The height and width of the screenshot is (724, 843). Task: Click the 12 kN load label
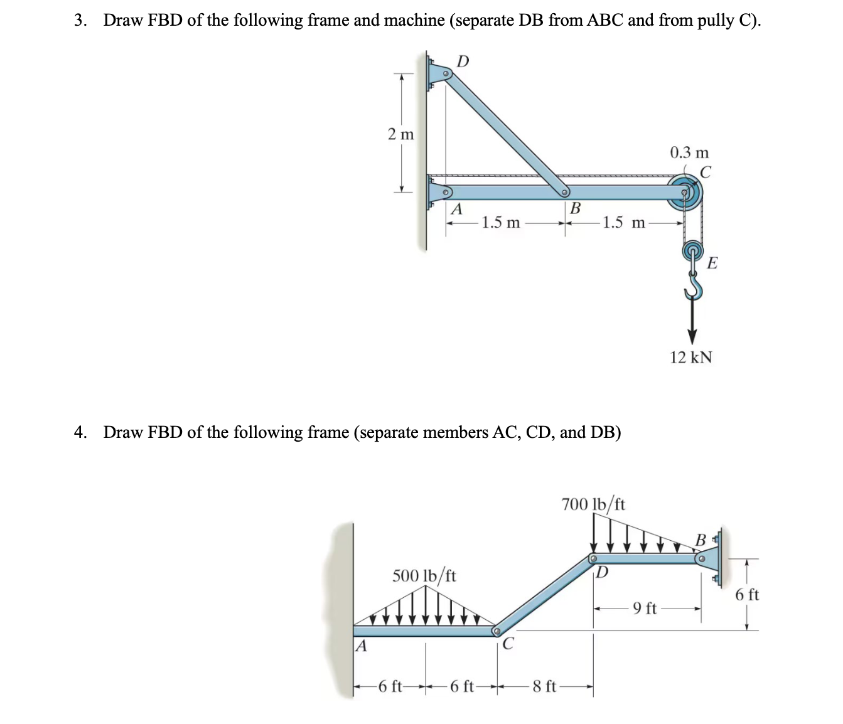tap(690, 358)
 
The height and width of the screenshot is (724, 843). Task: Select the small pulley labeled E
tap(692, 252)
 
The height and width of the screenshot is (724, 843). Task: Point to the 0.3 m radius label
tap(689, 152)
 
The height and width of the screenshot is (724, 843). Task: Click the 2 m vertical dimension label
tap(400, 134)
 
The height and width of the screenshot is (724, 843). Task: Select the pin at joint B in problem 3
tap(565, 192)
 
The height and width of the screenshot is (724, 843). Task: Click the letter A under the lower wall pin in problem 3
tap(456, 209)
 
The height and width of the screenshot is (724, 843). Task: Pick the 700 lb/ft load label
tap(593, 504)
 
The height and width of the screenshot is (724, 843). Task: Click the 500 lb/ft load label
tap(424, 575)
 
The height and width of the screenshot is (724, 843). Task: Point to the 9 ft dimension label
tap(645, 608)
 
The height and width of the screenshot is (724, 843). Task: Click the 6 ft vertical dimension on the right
tap(747, 594)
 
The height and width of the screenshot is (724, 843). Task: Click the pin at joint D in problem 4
tap(593, 558)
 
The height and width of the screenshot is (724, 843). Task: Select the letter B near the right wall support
tap(701, 540)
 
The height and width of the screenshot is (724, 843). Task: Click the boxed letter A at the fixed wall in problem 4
tap(360, 646)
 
